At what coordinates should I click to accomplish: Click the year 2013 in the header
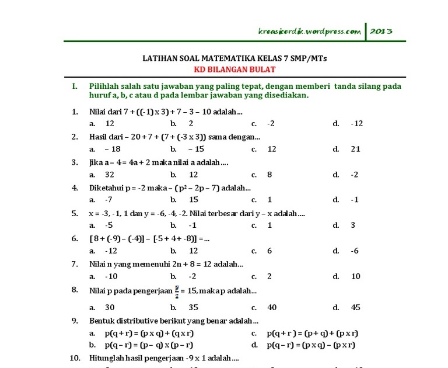click(x=381, y=32)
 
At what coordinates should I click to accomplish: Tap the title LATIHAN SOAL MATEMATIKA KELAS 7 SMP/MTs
click(x=235, y=58)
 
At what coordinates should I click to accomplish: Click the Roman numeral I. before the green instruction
click(x=75, y=86)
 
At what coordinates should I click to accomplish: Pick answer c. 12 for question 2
click(x=266, y=149)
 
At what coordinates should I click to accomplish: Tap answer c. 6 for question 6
click(x=264, y=251)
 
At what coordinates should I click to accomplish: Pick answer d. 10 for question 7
click(x=351, y=276)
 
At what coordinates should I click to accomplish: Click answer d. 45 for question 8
click(x=351, y=307)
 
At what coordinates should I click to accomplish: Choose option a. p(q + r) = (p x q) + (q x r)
click(x=142, y=333)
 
